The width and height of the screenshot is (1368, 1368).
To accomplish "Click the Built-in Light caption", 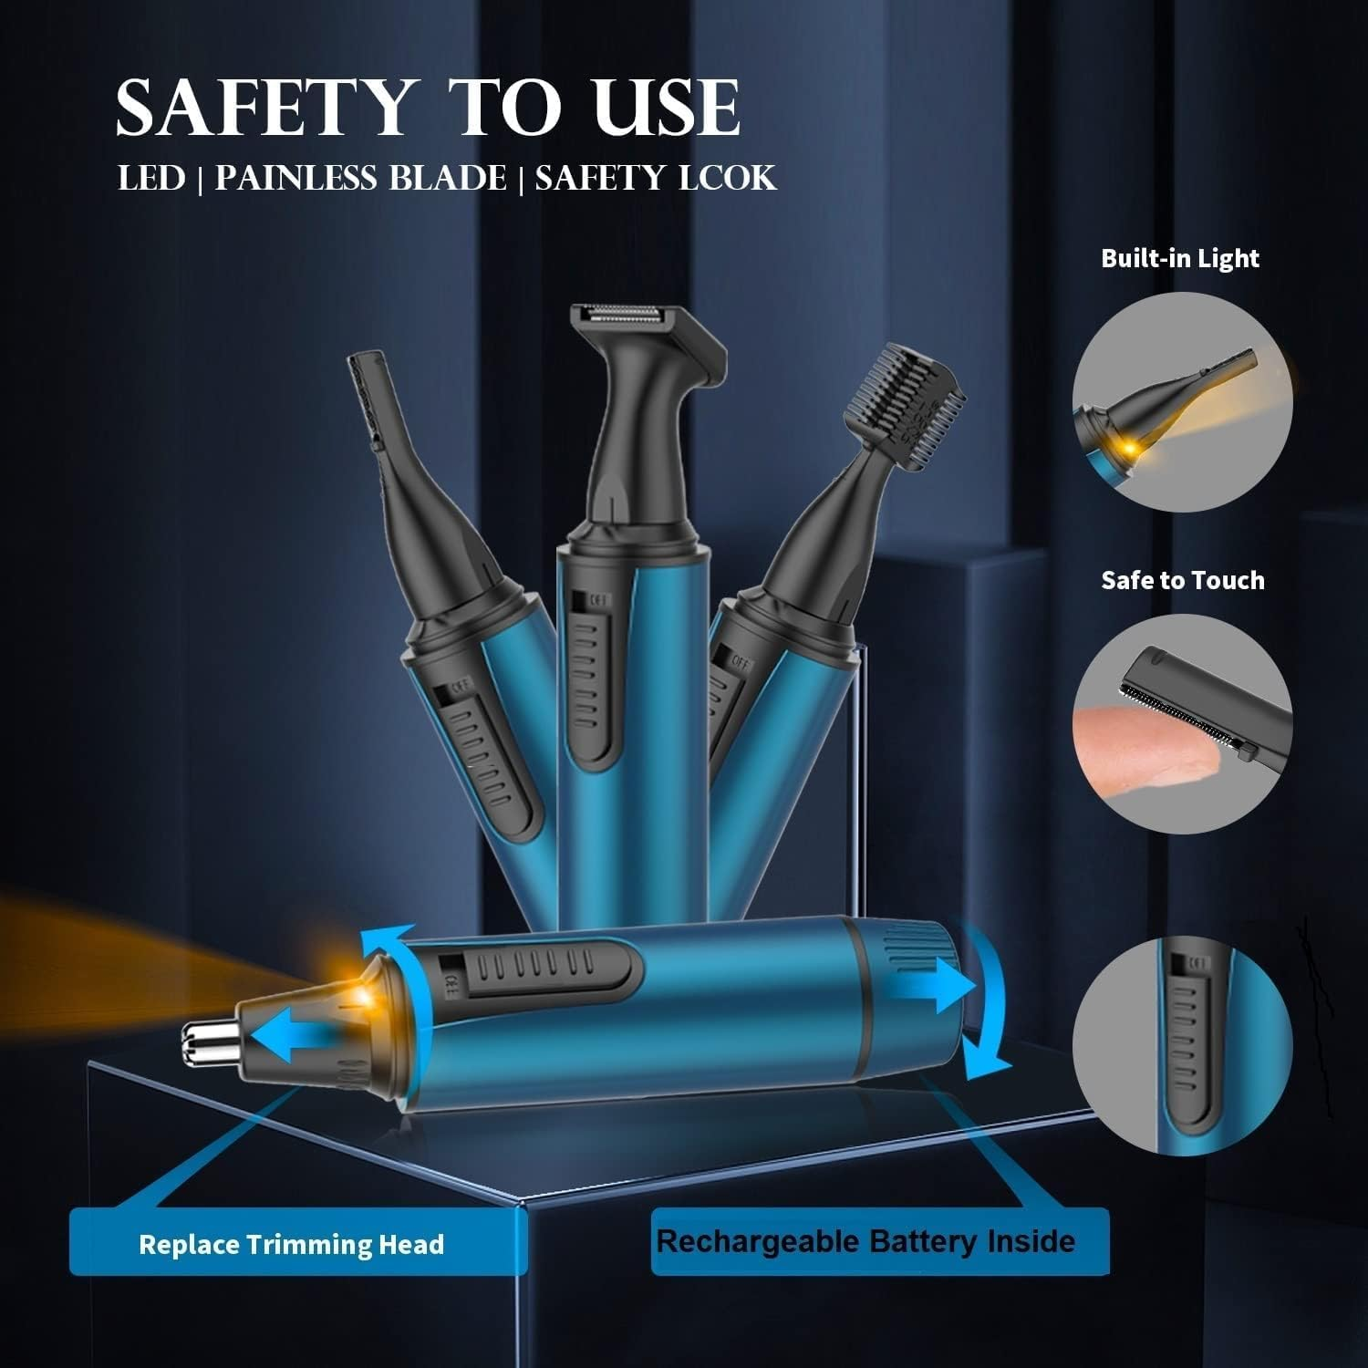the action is tap(1179, 258).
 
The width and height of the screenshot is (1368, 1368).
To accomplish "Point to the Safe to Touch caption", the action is tap(1182, 580).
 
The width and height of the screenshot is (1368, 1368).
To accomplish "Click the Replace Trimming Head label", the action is tap(291, 1244).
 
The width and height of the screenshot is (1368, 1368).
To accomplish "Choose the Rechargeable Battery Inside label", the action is tap(865, 1241).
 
